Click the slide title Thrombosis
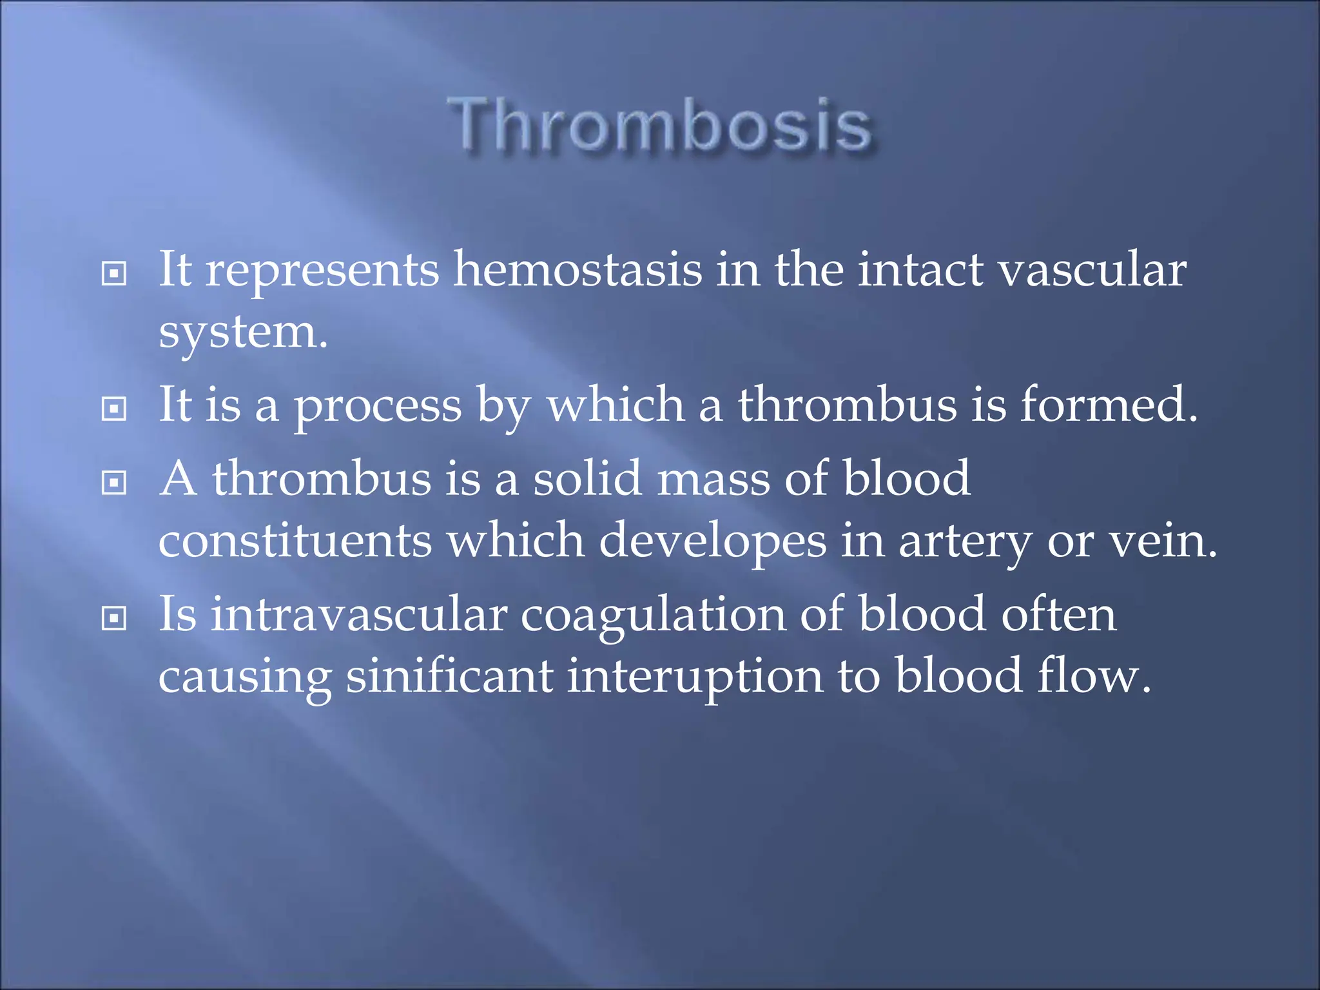coord(660,124)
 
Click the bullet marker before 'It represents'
coord(114,274)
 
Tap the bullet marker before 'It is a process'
coord(114,409)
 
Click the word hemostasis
coord(577,269)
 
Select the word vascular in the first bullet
coord(1092,269)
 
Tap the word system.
coord(242,333)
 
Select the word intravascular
coord(359,614)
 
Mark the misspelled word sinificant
coord(449,677)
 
